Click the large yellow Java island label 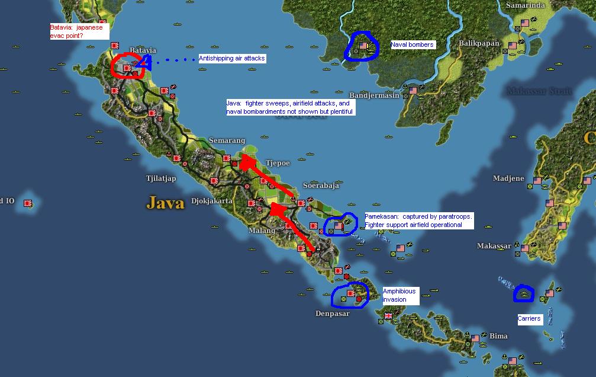coord(165,203)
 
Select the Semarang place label coord(226,140)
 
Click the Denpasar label coord(332,313)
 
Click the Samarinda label coord(525,5)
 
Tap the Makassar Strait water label coord(539,91)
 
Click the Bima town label coord(498,336)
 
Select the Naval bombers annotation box coord(412,44)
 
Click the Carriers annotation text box coord(529,318)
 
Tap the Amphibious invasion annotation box coord(400,295)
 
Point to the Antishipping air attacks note coord(231,58)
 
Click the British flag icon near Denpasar coord(388,316)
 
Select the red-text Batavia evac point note coord(79,31)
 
